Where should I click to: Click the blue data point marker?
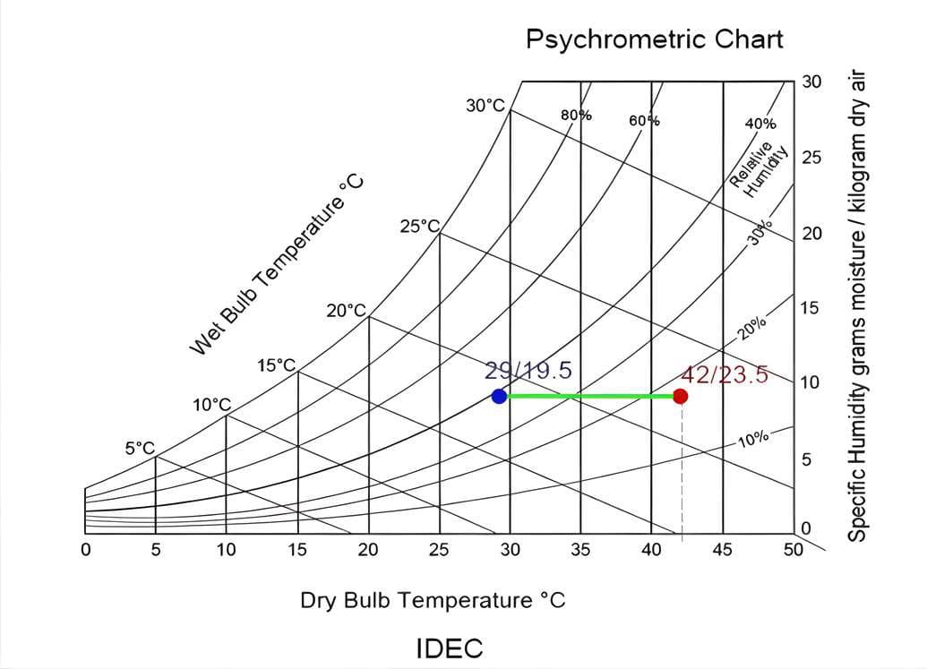point(500,396)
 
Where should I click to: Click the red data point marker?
point(681,396)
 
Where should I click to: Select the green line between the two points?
point(590,396)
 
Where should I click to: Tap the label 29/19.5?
point(528,371)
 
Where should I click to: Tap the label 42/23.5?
point(725,374)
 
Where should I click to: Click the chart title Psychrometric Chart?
point(654,39)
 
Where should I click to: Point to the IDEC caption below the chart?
point(450,648)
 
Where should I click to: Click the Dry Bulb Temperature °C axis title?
point(433,600)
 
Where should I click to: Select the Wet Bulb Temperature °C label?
point(279,265)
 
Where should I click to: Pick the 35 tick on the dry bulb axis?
point(580,550)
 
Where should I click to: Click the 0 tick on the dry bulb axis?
point(85,550)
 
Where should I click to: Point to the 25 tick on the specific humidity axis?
point(811,158)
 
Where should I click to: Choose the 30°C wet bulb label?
point(485,106)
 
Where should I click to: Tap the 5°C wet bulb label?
point(140,448)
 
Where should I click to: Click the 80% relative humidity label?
point(576,115)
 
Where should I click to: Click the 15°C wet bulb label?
point(276,365)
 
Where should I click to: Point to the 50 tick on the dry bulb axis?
point(793,550)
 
